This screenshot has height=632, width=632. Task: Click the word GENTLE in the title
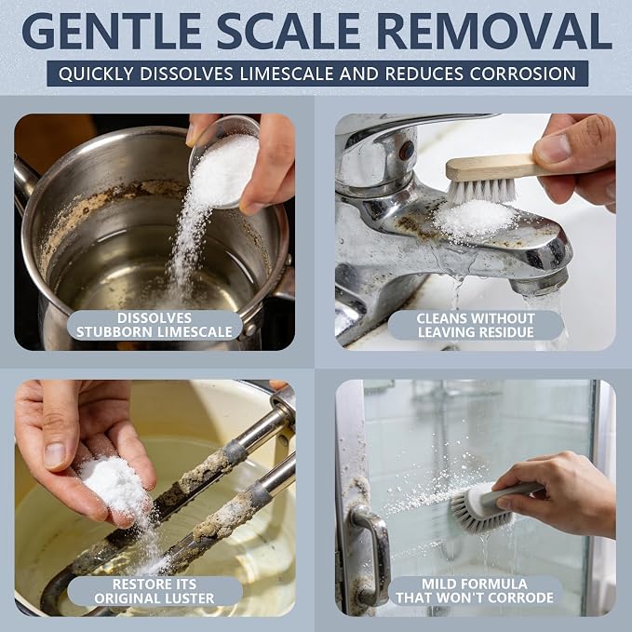click(x=112, y=31)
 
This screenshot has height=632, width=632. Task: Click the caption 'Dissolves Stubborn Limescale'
click(x=155, y=325)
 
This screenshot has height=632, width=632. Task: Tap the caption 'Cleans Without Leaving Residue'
click(x=476, y=325)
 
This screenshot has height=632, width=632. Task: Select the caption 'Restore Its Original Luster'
click(x=155, y=591)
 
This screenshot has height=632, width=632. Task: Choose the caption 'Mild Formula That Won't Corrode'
click(x=475, y=591)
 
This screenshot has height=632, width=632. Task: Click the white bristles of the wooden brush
click(x=481, y=190)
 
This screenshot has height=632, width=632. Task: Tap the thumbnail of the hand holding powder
click(x=54, y=454)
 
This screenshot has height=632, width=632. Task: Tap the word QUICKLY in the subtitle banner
click(x=96, y=74)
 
